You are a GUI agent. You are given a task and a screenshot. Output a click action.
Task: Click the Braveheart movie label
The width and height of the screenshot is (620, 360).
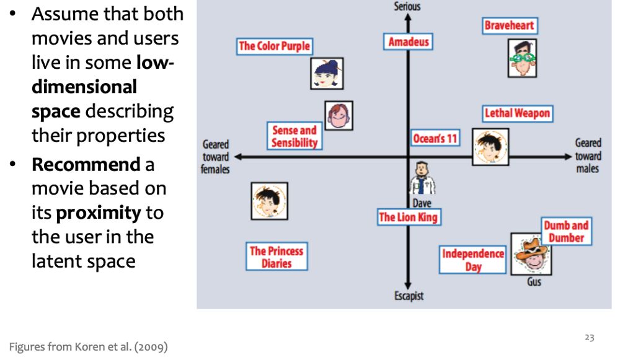click(x=509, y=26)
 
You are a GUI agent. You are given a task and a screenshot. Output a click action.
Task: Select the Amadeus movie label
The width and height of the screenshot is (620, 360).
click(x=408, y=42)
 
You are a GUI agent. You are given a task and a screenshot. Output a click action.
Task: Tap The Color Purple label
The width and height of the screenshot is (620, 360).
click(x=274, y=46)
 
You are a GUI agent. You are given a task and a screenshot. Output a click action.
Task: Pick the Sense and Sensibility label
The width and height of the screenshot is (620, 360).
click(x=294, y=136)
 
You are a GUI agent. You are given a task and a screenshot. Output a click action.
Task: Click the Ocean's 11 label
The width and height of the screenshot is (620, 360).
click(x=435, y=138)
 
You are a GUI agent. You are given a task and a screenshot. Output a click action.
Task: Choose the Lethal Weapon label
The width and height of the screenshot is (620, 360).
click(x=517, y=113)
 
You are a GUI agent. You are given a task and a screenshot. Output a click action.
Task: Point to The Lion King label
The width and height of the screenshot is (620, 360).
click(x=408, y=217)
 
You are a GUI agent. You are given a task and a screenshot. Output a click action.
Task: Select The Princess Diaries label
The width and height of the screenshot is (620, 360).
click(x=277, y=257)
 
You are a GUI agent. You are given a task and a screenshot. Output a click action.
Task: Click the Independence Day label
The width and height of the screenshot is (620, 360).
click(x=473, y=260)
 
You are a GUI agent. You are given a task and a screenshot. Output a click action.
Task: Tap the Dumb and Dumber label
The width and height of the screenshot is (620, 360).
click(x=566, y=232)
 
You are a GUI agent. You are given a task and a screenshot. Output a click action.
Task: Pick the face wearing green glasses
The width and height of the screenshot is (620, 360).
click(x=522, y=58)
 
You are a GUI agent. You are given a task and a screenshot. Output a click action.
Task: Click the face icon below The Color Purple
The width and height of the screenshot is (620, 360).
click(x=327, y=74)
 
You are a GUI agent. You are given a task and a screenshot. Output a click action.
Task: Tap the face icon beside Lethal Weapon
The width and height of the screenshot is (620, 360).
click(x=490, y=147)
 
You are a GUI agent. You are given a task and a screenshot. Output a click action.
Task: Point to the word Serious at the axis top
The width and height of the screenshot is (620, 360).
click(x=407, y=6)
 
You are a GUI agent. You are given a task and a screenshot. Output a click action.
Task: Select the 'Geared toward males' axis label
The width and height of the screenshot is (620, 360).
click(x=587, y=156)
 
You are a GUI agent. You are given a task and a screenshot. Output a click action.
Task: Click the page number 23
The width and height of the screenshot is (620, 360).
click(x=589, y=337)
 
